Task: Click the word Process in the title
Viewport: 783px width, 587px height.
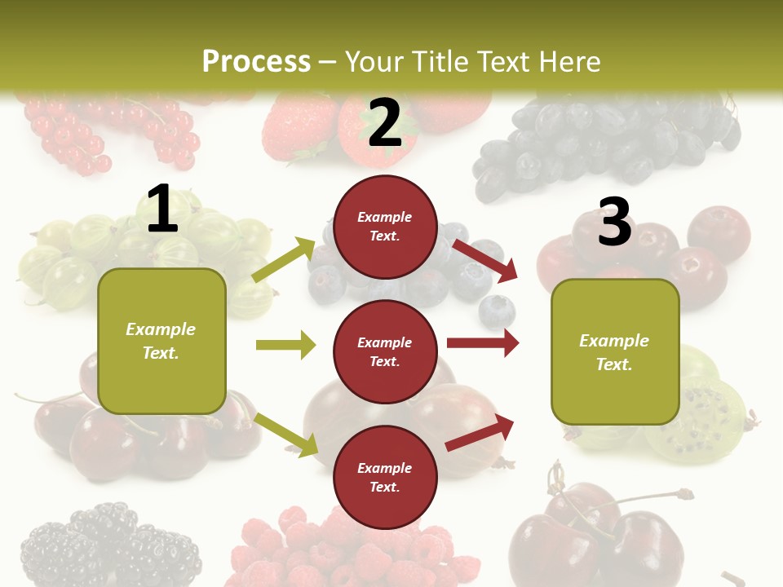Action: [256, 62]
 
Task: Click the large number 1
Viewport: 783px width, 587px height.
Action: [162, 210]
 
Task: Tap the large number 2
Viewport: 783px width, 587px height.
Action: [385, 123]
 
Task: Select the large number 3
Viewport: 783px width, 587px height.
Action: [614, 222]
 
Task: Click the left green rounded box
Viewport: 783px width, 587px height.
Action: [161, 341]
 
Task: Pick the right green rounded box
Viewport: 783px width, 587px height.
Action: [615, 352]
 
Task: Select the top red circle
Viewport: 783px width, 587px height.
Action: [385, 227]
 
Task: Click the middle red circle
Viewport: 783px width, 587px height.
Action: [385, 352]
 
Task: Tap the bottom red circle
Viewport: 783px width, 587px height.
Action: [385, 478]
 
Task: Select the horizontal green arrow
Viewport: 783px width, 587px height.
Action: [285, 345]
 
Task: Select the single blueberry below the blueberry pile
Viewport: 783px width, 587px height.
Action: [497, 311]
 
